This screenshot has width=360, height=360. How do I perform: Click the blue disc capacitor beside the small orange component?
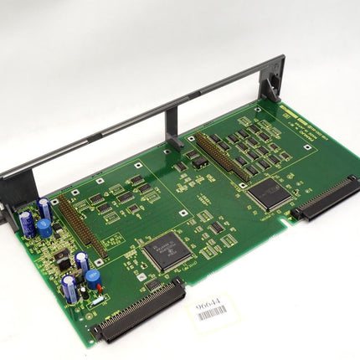coord(92,276)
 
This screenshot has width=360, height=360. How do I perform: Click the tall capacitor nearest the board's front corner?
coord(72,291)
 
